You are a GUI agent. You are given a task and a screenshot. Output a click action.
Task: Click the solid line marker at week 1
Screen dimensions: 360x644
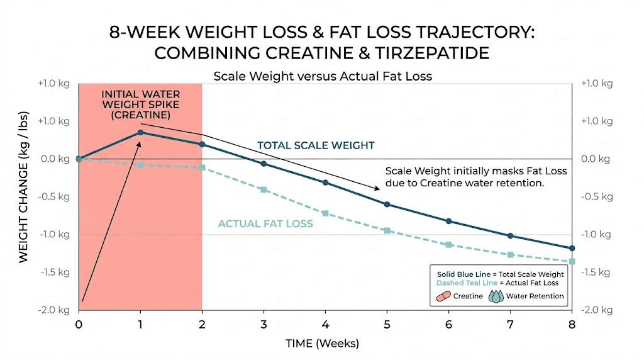(x=140, y=132)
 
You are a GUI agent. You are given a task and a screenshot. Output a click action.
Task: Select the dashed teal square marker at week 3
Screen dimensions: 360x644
(x=264, y=189)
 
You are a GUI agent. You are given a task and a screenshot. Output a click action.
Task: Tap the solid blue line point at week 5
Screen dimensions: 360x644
(x=387, y=204)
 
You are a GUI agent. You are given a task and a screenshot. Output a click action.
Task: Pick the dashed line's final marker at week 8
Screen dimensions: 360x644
(x=572, y=261)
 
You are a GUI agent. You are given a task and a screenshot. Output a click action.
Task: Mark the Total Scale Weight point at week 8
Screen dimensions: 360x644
(x=572, y=249)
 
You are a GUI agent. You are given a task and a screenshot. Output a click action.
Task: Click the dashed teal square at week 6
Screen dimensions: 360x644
(x=448, y=244)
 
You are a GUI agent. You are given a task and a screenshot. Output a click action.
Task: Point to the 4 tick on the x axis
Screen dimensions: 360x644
(x=325, y=325)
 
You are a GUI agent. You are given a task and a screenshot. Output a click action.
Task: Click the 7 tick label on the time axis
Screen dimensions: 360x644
(x=510, y=325)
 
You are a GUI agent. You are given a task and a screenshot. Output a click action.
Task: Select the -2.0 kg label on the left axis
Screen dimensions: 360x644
(x=55, y=310)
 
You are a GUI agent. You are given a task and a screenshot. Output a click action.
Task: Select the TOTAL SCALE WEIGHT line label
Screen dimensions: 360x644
(x=316, y=145)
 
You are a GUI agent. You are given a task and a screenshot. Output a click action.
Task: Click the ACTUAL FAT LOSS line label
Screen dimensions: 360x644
(x=265, y=223)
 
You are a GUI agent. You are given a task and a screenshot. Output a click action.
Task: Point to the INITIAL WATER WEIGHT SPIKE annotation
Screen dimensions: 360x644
(x=137, y=104)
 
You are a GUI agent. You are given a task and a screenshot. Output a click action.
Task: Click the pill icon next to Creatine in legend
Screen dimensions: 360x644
(x=443, y=296)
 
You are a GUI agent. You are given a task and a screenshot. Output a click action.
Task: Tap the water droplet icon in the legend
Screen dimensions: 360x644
(x=497, y=296)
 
